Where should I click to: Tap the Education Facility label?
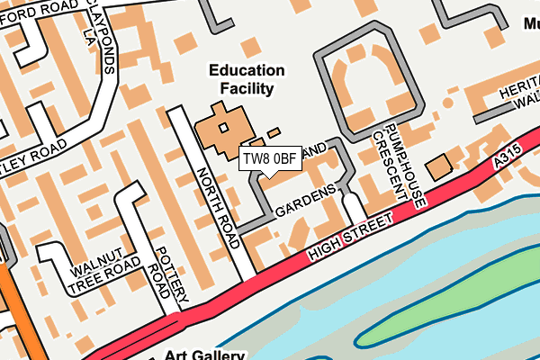tap(246, 79)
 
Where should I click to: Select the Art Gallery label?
tap(204, 354)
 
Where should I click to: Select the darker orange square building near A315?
tap(439, 167)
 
